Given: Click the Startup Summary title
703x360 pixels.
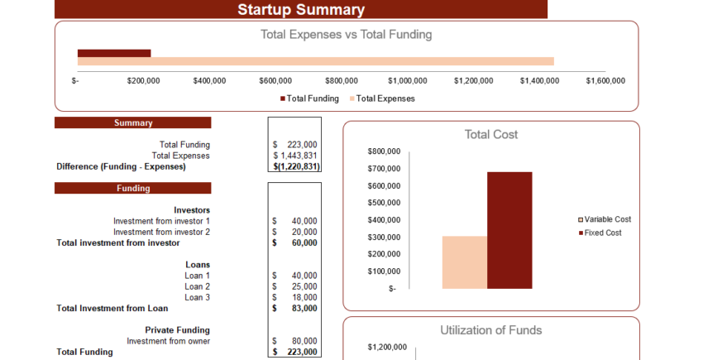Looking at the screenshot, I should [300, 10].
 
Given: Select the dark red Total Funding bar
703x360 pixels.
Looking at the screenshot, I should [114, 53].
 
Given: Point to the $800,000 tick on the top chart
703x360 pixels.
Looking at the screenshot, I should [342, 80].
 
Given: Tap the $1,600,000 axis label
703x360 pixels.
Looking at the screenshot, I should [605, 80].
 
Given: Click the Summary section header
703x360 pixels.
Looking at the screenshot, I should [133, 122].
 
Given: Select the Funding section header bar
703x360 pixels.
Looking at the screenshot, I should [133, 188].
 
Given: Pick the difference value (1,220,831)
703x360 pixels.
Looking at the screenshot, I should [296, 166].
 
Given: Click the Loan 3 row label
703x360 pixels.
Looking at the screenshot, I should [197, 297].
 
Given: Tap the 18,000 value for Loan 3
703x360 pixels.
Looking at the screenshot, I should [304, 297].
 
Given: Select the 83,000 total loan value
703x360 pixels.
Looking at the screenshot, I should [304, 309].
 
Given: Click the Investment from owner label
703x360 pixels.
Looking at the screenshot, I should [168, 341].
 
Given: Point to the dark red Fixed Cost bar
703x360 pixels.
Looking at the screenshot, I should [509, 230].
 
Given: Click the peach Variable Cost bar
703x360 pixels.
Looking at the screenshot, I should [464, 262].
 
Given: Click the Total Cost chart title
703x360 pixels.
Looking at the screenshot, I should [491, 134].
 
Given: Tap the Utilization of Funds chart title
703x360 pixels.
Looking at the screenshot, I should [491, 330].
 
